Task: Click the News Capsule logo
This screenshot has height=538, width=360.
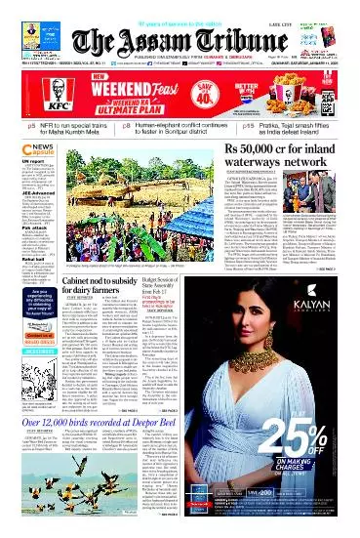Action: tap(25, 146)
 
